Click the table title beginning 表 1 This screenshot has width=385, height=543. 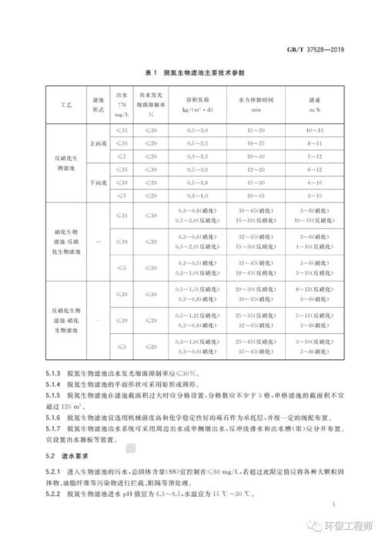click(x=193, y=72)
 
